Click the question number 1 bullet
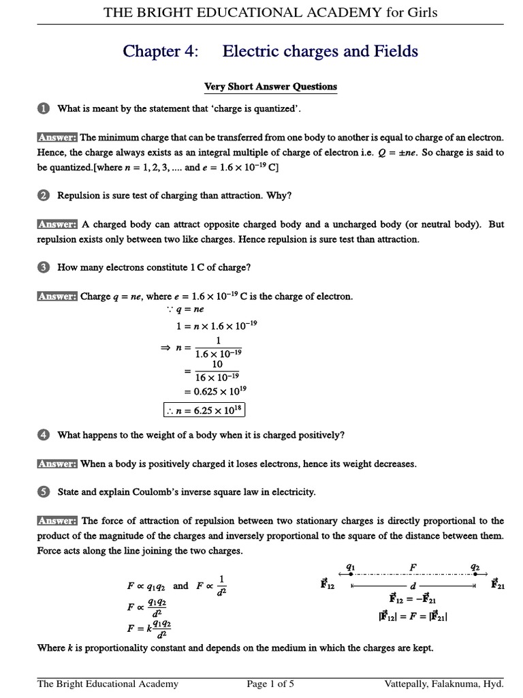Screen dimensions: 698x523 [x=43, y=108]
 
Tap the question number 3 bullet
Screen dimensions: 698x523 [x=43, y=268]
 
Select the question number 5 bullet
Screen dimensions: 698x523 [x=43, y=491]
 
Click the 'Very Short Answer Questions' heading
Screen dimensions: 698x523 [x=271, y=87]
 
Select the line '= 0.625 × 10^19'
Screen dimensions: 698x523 [x=212, y=391]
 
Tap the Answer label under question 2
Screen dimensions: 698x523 [x=57, y=224]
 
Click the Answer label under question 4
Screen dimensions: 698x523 [x=57, y=464]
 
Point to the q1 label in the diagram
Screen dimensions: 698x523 [x=351, y=566]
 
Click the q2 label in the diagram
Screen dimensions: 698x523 [x=474, y=566]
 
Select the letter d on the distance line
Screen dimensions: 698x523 [x=412, y=585]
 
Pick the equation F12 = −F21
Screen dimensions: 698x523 [x=413, y=600]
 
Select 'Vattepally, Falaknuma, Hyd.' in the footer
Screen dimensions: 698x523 [x=444, y=684]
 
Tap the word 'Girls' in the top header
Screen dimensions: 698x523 [x=420, y=12]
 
